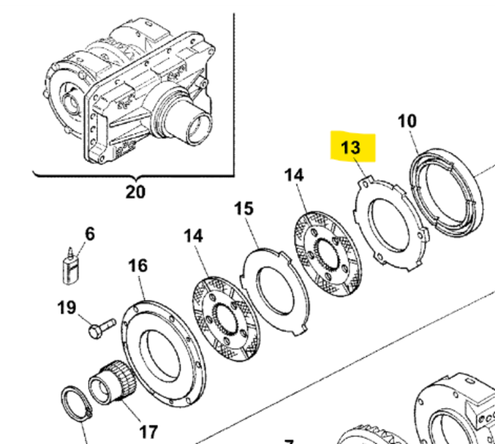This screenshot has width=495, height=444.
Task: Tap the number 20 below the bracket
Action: tap(135, 192)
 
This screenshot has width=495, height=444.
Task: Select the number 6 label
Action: tap(90, 234)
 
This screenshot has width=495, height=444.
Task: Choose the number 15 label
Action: tap(244, 208)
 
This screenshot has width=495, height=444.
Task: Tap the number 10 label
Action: tap(407, 121)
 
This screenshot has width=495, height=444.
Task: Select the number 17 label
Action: tap(148, 431)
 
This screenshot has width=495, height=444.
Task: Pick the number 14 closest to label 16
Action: tap(193, 236)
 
